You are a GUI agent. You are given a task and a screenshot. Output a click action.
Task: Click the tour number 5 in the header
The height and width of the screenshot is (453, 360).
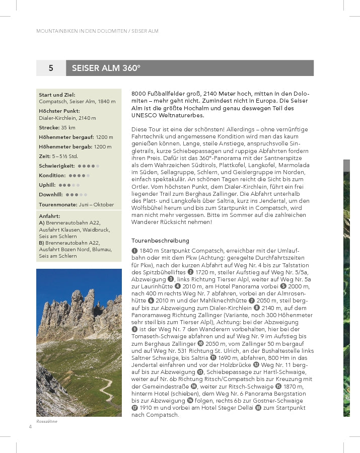tap(51, 68)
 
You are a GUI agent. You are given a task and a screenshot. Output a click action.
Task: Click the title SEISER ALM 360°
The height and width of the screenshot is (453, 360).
tap(106, 68)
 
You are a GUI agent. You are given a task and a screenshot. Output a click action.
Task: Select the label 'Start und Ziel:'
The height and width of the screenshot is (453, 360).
tap(57, 95)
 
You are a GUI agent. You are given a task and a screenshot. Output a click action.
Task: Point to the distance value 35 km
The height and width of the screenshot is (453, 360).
tap(68, 127)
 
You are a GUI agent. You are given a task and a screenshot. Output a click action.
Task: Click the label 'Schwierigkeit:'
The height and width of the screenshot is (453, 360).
tap(56, 166)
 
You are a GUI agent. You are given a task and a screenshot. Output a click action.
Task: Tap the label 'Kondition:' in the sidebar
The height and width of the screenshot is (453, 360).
tap(52, 176)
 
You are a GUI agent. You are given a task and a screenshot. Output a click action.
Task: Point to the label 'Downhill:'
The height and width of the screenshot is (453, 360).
tap(50, 195)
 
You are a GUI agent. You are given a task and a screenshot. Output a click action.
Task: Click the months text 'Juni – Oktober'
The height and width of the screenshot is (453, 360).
tap(96, 205)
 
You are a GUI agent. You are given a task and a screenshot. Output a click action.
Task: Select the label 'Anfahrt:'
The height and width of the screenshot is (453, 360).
tap(49, 216)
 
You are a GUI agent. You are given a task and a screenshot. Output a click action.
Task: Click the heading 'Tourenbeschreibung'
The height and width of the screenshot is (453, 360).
tap(160, 241)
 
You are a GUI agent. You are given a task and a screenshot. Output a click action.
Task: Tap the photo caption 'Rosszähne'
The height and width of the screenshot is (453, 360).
tap(47, 421)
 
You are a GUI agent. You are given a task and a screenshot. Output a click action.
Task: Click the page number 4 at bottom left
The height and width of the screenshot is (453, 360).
tap(30, 427)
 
